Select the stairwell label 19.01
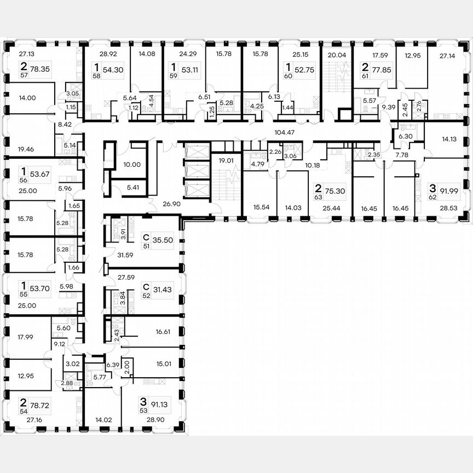[225, 161]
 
